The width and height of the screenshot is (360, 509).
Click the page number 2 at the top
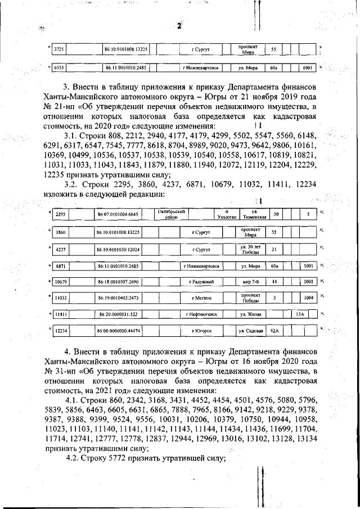[179, 26]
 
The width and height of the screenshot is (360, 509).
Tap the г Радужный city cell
[200, 281]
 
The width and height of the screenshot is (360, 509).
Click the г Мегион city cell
[200, 297]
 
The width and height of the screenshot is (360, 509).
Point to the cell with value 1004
[307, 297]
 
